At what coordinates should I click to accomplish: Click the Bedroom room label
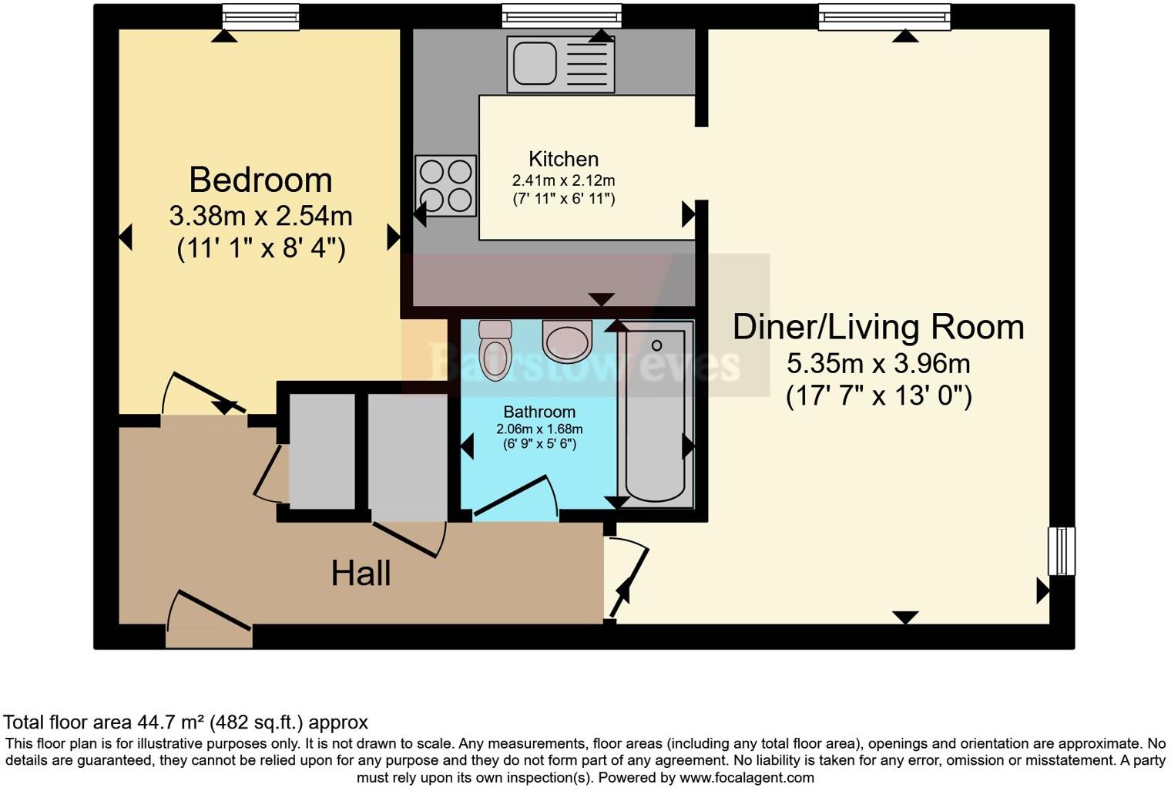[x=260, y=180]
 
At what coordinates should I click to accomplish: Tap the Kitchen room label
[x=563, y=159]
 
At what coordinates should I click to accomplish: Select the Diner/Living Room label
[x=878, y=327]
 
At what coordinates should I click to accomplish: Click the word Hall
[x=361, y=574]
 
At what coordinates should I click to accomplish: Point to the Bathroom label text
[x=539, y=411]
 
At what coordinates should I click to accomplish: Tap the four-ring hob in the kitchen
[x=445, y=185]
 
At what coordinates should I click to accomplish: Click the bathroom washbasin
[x=567, y=342]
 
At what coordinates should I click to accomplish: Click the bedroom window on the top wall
[x=260, y=16]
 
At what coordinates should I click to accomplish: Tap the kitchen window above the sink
[x=561, y=15]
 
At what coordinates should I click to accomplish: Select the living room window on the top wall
[x=884, y=16]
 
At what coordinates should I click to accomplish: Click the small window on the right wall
[x=1061, y=550]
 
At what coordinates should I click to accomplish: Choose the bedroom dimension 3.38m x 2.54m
[x=260, y=216]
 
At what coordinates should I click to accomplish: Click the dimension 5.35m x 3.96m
[x=878, y=362]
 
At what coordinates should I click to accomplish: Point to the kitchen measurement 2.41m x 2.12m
[x=563, y=181]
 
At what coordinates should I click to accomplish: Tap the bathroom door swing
[x=515, y=496]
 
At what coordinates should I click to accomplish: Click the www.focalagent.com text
[x=747, y=777]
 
